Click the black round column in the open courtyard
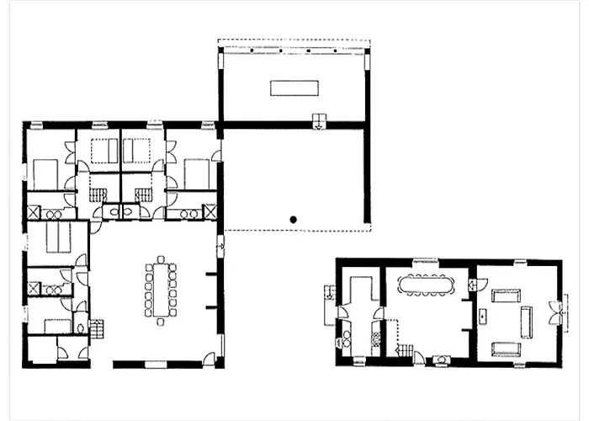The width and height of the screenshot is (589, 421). pos(292,219)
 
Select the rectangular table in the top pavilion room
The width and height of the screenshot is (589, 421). pos(294,88)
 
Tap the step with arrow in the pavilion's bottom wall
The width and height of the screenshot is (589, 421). pos(319,120)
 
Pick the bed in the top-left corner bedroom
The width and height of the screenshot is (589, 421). pos(45,174)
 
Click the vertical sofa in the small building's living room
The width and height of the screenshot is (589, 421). pos(527,321)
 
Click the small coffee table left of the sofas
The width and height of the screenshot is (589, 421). pos(483,317)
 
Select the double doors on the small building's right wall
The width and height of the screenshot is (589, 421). pos(555,312)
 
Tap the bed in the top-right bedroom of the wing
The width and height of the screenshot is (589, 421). pos(196,174)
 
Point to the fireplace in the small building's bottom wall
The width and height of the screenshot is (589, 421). pos(440,361)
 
